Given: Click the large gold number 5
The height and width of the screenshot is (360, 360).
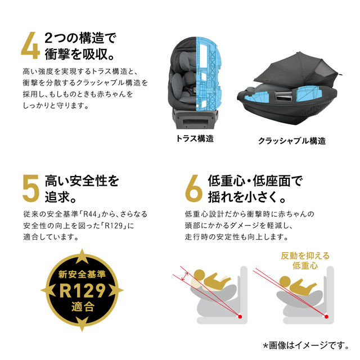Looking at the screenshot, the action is pos(31,189).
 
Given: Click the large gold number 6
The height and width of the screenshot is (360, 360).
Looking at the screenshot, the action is pos(194,188).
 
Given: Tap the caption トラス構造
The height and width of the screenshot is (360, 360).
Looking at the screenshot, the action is pos(195,139).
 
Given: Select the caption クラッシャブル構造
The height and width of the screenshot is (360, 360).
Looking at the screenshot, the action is pos(292,141).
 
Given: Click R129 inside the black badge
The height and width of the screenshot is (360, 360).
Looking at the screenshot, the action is pos(82,291).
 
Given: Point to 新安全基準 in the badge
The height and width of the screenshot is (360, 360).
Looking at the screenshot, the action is pos(82,274).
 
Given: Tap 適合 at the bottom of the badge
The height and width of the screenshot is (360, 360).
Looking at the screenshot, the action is pos(83,307).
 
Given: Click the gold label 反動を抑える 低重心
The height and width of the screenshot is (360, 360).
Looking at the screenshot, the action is pos(305,260).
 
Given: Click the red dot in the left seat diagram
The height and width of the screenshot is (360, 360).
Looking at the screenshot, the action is pos(240,317).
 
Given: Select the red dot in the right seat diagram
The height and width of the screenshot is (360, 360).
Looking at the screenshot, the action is pos(326,317).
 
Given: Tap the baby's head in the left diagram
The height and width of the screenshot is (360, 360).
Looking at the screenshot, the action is pos(199,275).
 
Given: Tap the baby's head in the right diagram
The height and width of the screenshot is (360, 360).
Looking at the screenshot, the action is pos(285,281).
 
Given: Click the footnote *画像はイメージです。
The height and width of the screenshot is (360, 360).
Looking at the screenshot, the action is pos(306,345).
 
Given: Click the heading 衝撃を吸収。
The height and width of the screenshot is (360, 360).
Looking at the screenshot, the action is pos(79,54).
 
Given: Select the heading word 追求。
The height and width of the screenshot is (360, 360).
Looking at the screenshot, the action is pos(60,197).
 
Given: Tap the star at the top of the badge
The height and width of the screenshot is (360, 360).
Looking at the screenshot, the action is pos(82,256).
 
